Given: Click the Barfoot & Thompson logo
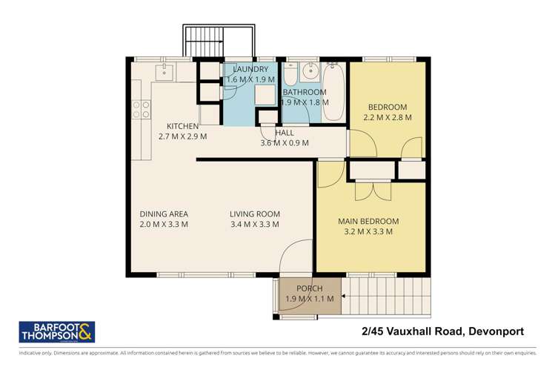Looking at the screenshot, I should coord(56,332).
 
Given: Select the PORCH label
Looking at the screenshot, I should coord(310,288).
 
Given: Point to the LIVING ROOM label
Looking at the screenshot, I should coord(255,214).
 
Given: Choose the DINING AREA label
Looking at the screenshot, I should coord(164,214).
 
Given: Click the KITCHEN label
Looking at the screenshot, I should coord(182,126).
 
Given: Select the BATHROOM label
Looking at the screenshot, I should coord(305,93).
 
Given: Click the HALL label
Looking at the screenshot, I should coord(285,133).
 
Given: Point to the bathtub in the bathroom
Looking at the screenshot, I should coord(333,92).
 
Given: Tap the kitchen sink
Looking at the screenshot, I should coord(164,71).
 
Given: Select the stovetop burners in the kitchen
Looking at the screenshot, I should coord(138,110).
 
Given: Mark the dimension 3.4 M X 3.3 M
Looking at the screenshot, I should coord(255,224).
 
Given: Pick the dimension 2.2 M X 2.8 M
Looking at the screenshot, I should coord(388,117).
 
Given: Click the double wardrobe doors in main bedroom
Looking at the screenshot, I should coord(372,191).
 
